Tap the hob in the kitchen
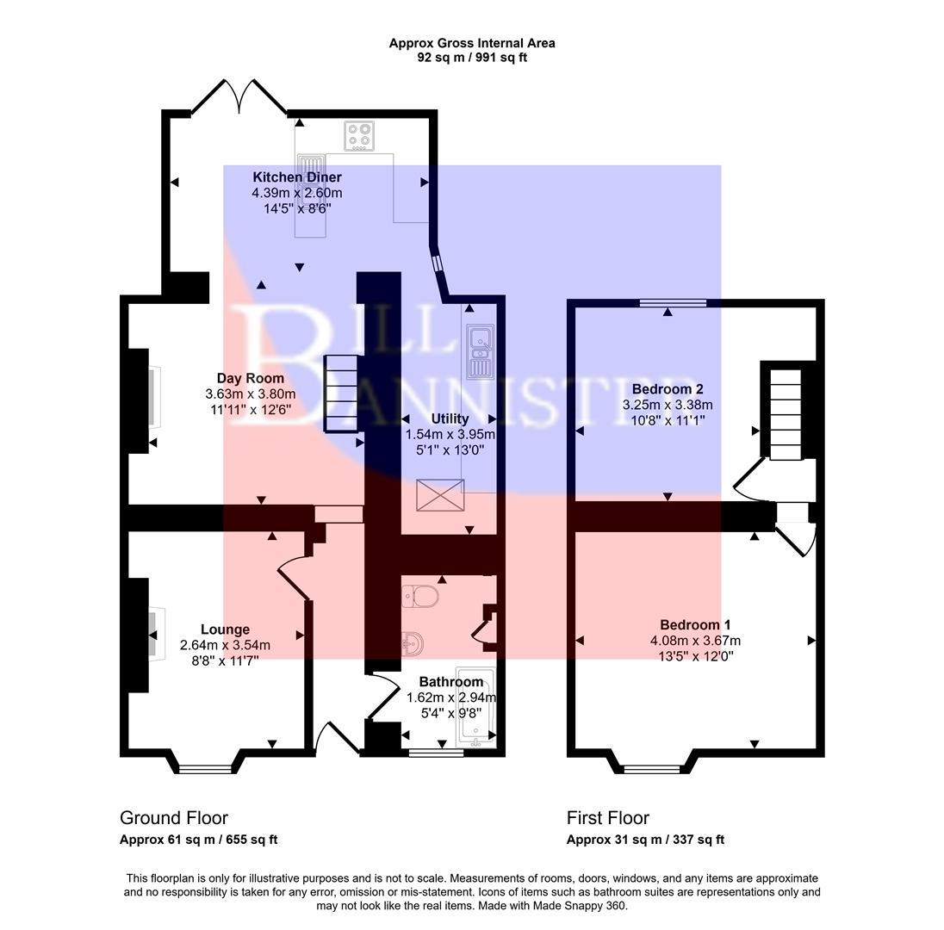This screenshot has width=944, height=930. (361, 136)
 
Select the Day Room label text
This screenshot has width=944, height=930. (250, 378)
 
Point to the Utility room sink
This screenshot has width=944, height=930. (478, 353)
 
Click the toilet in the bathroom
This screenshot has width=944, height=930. (421, 596)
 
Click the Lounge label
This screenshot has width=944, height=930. (225, 629)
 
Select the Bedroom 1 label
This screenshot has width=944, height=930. (695, 624)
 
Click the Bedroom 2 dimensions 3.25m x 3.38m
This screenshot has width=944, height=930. (668, 405)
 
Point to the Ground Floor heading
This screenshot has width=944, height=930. (174, 818)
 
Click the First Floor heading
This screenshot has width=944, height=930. (608, 818)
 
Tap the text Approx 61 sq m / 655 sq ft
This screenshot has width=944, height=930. (198, 840)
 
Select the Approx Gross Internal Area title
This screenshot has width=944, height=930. (471, 43)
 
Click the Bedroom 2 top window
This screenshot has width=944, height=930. (673, 303)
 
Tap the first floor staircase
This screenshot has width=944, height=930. (785, 412)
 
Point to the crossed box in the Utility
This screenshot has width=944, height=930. (440, 495)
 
